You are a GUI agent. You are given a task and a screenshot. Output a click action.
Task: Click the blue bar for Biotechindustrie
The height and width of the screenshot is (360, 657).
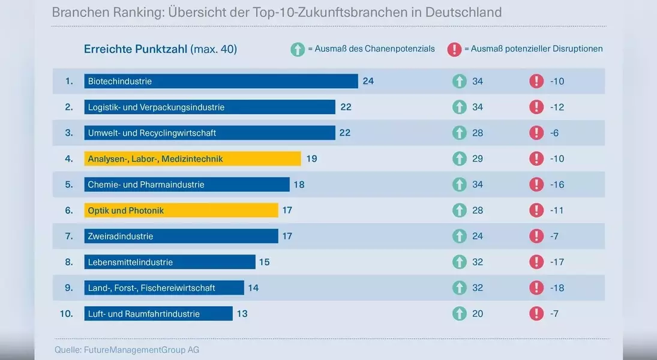coord(221,81)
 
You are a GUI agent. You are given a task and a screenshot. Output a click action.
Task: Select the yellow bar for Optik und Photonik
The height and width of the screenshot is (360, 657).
coord(181,211)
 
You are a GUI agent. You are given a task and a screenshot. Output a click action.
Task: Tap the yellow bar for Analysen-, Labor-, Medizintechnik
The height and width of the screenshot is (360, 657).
coord(193,159)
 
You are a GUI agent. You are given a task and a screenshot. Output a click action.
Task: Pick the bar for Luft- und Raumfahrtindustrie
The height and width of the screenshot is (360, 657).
coord(158,314)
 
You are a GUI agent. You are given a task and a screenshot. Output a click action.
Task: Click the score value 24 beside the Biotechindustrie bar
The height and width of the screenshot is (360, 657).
coord(368,81)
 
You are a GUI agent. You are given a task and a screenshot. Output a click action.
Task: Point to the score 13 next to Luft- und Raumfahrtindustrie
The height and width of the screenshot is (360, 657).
coord(242,314)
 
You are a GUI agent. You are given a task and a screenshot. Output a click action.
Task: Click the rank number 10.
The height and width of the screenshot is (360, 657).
coord(66,314)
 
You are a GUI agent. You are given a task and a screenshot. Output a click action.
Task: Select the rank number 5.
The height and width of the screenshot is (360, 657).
coord(69,185)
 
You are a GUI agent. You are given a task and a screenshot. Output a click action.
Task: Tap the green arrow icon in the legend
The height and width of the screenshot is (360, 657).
coord(298,49)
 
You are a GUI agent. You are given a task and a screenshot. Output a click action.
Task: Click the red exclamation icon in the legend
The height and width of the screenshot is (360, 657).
coord(454,49)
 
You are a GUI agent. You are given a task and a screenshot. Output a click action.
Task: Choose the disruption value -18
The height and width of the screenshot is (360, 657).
coord(557,288)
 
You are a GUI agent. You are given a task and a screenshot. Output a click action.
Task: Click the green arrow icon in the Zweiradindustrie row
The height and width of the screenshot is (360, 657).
coord(459,236)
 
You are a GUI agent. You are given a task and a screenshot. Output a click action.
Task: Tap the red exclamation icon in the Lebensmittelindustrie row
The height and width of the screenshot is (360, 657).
coord(536,262)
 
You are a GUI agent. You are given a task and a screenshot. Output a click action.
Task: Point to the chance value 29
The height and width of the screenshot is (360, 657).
coord(478,159)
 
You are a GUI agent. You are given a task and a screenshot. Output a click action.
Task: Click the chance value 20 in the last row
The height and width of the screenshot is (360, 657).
coord(478,314)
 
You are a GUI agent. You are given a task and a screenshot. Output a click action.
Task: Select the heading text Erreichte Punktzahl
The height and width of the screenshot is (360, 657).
coord(136,49)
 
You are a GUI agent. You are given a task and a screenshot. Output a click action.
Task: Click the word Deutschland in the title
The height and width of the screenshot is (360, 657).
coord(465,12)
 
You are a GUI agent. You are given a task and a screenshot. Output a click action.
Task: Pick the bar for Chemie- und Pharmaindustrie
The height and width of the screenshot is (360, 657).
coord(187,185)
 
